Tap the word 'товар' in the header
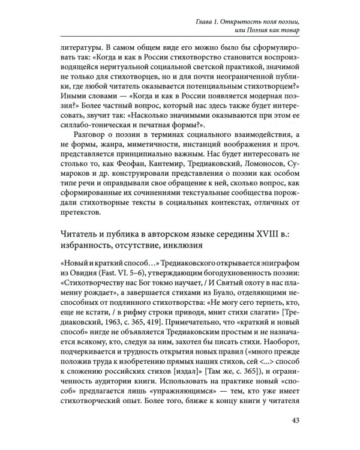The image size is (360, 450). (x=287, y=31)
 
